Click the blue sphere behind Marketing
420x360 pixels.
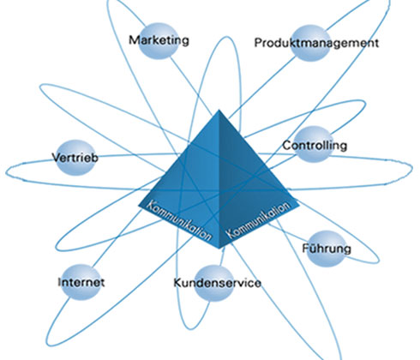point(159,41)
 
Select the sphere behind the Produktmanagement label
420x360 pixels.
point(310,43)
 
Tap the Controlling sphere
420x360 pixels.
point(314,144)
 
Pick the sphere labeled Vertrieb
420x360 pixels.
point(75,158)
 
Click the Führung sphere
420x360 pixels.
point(326,249)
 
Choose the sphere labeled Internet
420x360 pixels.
point(81,282)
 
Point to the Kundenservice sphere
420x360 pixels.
point(213,283)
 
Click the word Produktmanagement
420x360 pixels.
point(316,43)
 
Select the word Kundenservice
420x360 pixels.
point(218,283)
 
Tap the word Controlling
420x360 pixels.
point(315,146)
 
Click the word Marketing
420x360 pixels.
point(159,40)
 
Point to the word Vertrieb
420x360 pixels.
point(75,158)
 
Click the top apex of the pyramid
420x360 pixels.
point(219,110)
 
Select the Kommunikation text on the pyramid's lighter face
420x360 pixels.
point(180,220)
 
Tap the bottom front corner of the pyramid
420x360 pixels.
point(219,249)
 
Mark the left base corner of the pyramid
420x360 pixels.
point(139,205)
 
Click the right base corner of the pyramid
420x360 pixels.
point(299,205)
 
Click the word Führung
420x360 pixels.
point(327,249)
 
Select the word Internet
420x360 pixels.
point(81,282)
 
